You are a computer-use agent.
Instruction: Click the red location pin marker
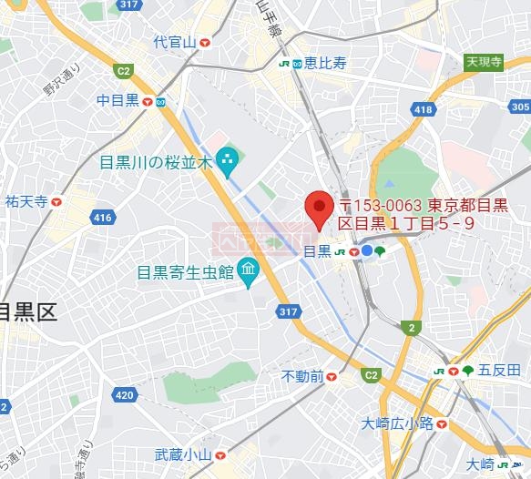[x=317, y=209]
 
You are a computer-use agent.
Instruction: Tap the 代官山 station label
[x=175, y=42]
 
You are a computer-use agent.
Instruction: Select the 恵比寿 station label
[x=325, y=63]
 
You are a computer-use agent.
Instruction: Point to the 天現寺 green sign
[x=484, y=62]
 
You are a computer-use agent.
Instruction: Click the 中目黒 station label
[x=117, y=100]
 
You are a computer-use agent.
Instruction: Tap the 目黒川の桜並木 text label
[x=156, y=163]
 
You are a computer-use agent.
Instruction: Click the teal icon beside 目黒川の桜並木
[x=227, y=163]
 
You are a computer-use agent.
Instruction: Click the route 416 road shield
[x=102, y=218]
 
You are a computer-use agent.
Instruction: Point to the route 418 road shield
[x=423, y=109]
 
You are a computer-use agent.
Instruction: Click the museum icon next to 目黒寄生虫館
[x=247, y=270]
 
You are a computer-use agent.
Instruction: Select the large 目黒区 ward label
[x=28, y=313]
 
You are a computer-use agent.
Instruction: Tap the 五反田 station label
[x=499, y=370]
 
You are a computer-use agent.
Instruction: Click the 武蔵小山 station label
[x=182, y=454]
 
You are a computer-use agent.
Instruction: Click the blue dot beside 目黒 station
[x=366, y=250]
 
